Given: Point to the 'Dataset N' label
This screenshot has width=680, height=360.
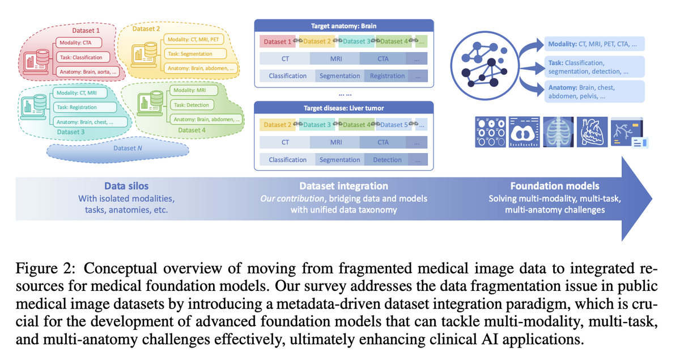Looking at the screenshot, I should (x=124, y=149).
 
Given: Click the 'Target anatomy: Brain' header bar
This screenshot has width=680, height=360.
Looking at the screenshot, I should (x=343, y=26).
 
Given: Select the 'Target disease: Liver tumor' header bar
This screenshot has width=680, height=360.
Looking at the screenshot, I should (x=343, y=108).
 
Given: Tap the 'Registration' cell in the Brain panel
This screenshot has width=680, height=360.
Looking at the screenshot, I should (x=387, y=76).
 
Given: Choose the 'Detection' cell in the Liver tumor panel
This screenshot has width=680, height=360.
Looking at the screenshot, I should (x=387, y=160).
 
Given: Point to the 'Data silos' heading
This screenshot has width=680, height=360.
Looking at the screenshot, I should (x=126, y=186).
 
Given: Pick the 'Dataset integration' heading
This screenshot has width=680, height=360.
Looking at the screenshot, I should (x=343, y=186).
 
